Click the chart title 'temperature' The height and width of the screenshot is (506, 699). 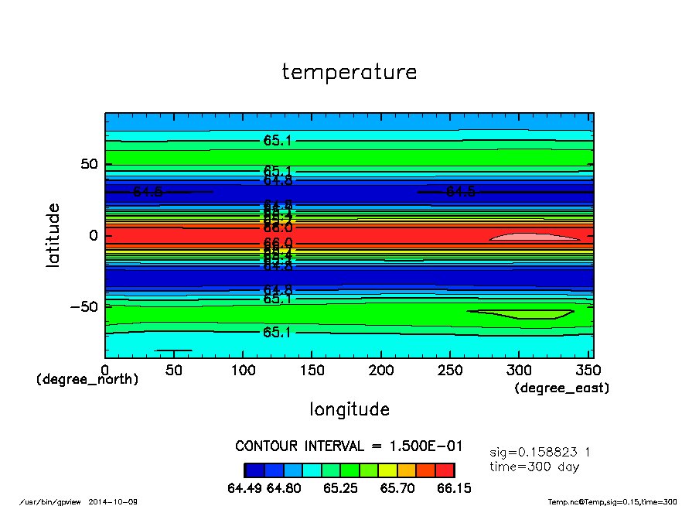coord(349,72)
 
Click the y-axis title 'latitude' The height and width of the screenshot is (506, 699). coord(53,235)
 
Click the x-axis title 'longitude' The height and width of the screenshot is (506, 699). coord(349,409)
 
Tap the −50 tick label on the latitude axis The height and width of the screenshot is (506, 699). coord(84,306)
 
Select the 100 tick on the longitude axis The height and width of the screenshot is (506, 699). coord(243,371)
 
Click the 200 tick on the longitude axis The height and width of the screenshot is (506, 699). coord(381,371)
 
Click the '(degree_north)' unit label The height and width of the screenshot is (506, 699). coord(87,380)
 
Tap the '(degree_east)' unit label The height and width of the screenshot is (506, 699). coord(562,388)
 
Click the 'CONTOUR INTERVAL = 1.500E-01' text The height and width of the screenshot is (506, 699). coord(349,446)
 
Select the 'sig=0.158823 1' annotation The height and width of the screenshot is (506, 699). coord(540,452)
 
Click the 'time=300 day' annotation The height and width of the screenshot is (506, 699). coord(534,467)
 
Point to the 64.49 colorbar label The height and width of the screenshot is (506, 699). coord(245,488)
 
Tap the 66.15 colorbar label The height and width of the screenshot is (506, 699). coord(455,488)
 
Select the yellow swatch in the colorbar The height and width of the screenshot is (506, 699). coord(387,470)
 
